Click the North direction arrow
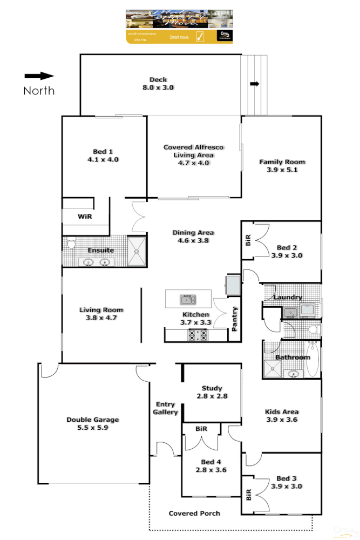point(39,76)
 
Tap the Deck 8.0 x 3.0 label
point(158,84)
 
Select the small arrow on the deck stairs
point(255,84)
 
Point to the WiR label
point(85,216)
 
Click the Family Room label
point(282,165)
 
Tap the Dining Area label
point(193,237)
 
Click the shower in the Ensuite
point(137,251)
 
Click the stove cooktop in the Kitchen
point(198,335)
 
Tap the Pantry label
point(235,319)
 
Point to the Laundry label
point(287,298)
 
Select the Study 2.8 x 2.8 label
point(212,391)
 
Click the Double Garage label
point(93,423)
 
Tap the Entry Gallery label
point(165,408)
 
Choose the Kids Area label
point(282,415)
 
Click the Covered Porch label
point(194,514)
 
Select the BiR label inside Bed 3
point(249,495)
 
